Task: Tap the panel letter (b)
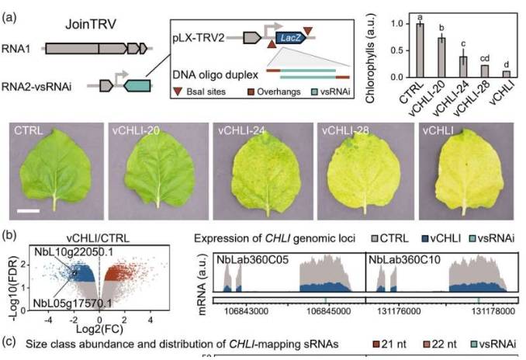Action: coord(9,234)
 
